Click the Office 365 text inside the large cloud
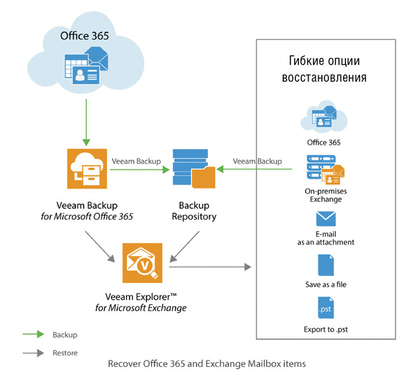tap(84, 36)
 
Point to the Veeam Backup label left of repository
tap(136, 161)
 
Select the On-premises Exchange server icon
tap(324, 170)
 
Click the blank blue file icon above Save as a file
tap(325, 263)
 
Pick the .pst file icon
tap(325, 309)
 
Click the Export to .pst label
tap(325, 329)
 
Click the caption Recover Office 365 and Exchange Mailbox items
tap(207, 364)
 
